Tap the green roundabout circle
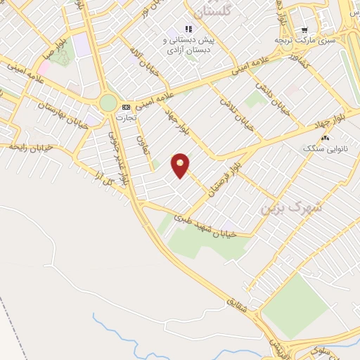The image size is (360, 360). pos(108,103)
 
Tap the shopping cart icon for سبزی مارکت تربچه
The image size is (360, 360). pos(304,30)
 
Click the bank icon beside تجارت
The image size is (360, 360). pos(126,106)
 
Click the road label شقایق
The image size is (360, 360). pos(240,302)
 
